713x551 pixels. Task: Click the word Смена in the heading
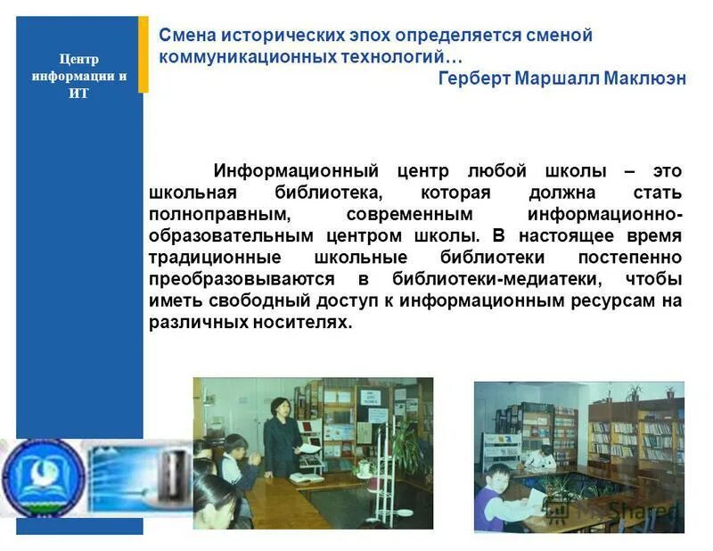pos(184,36)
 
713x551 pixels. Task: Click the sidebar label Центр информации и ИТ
pos(79,76)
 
